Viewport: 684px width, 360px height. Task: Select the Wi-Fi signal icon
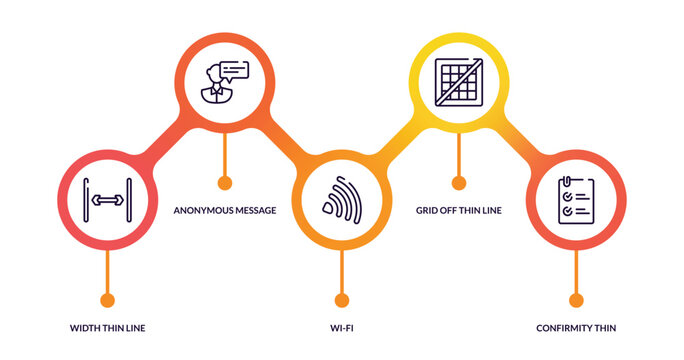pyautogui.click(x=342, y=200)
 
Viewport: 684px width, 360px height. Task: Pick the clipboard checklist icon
pyautogui.click(x=576, y=200)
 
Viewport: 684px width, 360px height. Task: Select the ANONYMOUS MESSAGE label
pyautogui.click(x=224, y=211)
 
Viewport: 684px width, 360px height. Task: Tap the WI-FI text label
pyautogui.click(x=342, y=328)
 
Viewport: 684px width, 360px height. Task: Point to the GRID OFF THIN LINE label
pyautogui.click(x=458, y=211)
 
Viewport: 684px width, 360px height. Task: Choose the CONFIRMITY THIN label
pyautogui.click(x=576, y=328)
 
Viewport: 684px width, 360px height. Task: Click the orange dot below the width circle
pyautogui.click(x=107, y=300)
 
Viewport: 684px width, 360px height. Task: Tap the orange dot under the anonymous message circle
pyautogui.click(x=224, y=183)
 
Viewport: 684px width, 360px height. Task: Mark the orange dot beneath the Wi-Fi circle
pyautogui.click(x=342, y=300)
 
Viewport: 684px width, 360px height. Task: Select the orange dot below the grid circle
pyautogui.click(x=459, y=183)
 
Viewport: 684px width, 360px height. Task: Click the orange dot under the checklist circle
pyautogui.click(x=576, y=300)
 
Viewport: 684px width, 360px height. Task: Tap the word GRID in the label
pyautogui.click(x=427, y=211)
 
